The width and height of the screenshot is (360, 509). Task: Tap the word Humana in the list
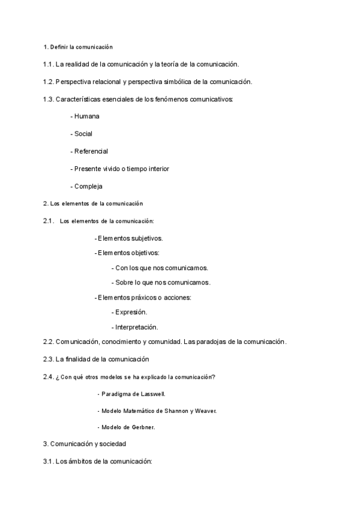[87, 116]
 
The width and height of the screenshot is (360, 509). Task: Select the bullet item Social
[83, 134]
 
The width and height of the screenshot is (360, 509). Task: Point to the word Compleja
[89, 186]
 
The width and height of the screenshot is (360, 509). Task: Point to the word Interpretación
[137, 327]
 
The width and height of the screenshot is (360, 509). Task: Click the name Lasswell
[151, 394]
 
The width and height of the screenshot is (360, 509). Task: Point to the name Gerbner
[141, 427]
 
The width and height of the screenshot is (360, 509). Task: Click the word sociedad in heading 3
[112, 444]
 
